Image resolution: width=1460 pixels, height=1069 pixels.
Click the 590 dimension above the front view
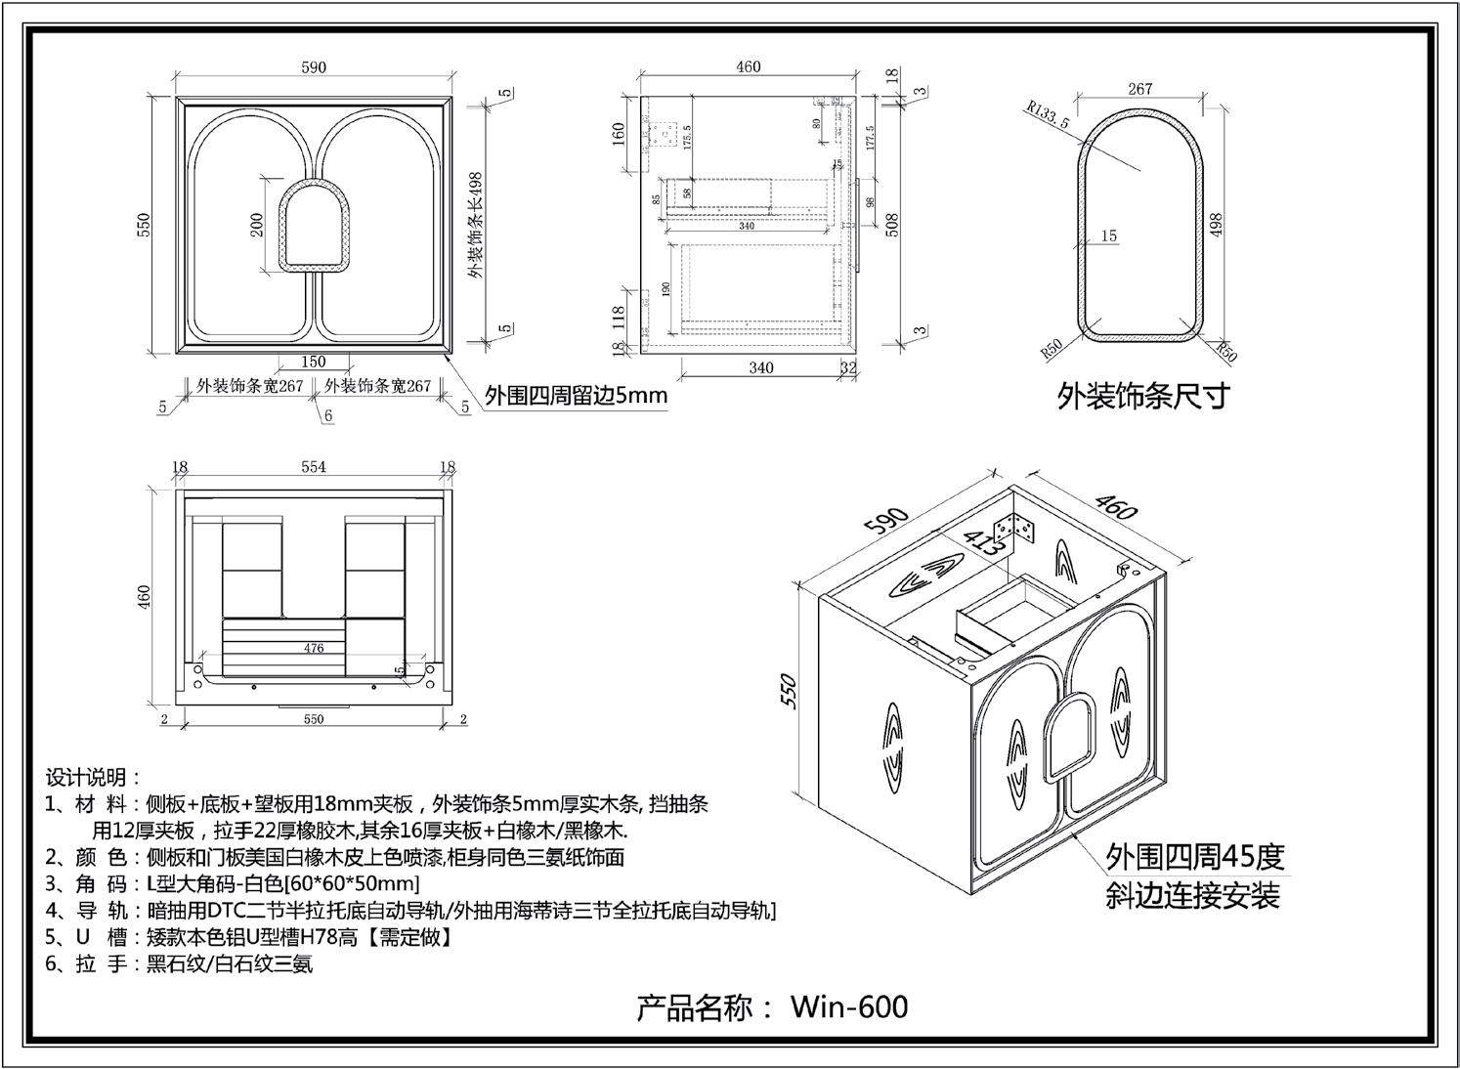pos(314,67)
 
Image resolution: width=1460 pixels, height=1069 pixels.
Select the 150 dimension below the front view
pos(313,362)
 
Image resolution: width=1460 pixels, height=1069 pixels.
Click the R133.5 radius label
pos(1047,115)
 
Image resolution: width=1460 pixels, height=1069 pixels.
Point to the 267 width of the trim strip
pos(1139,89)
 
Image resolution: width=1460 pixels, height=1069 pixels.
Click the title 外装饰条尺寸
pos(1142,396)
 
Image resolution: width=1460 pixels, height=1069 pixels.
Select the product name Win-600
pos(848,1006)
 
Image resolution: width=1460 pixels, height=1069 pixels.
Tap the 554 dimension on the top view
pos(313,467)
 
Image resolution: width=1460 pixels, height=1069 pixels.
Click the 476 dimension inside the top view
pos(313,648)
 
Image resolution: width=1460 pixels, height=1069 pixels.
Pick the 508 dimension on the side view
pos(891,225)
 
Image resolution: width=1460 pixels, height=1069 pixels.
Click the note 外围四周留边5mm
pos(577,396)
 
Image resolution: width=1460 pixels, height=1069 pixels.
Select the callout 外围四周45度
pos(1194,857)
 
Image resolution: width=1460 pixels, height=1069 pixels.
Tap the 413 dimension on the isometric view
pos(979,542)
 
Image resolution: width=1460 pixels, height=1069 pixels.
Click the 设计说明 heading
pos(93,778)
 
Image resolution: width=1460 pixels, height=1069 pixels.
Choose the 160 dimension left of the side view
pos(618,133)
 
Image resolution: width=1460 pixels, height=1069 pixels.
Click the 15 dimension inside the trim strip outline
pos(1108,235)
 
